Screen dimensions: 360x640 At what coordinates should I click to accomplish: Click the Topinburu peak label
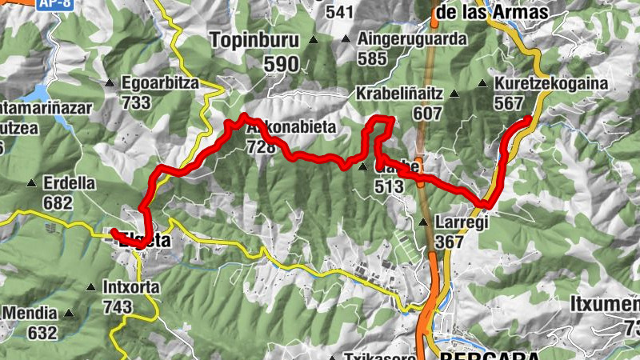(x=254, y=40)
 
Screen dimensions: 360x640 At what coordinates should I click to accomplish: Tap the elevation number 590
(x=255, y=64)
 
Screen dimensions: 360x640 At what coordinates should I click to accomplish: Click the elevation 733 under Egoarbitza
(x=137, y=102)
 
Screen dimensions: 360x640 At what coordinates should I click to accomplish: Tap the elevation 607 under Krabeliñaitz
(x=428, y=113)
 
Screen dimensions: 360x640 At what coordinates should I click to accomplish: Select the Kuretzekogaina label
(x=551, y=83)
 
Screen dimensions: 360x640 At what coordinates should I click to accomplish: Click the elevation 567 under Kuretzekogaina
(x=508, y=103)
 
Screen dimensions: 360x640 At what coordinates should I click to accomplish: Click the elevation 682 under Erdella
(x=58, y=202)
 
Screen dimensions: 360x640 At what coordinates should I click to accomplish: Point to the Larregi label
(x=462, y=222)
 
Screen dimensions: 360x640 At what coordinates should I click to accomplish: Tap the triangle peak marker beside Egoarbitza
(x=110, y=82)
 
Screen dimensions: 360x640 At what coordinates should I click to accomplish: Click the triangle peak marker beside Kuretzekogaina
(x=483, y=83)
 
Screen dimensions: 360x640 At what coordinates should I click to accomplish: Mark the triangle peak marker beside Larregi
(x=423, y=222)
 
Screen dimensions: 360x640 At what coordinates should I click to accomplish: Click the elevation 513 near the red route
(x=390, y=186)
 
